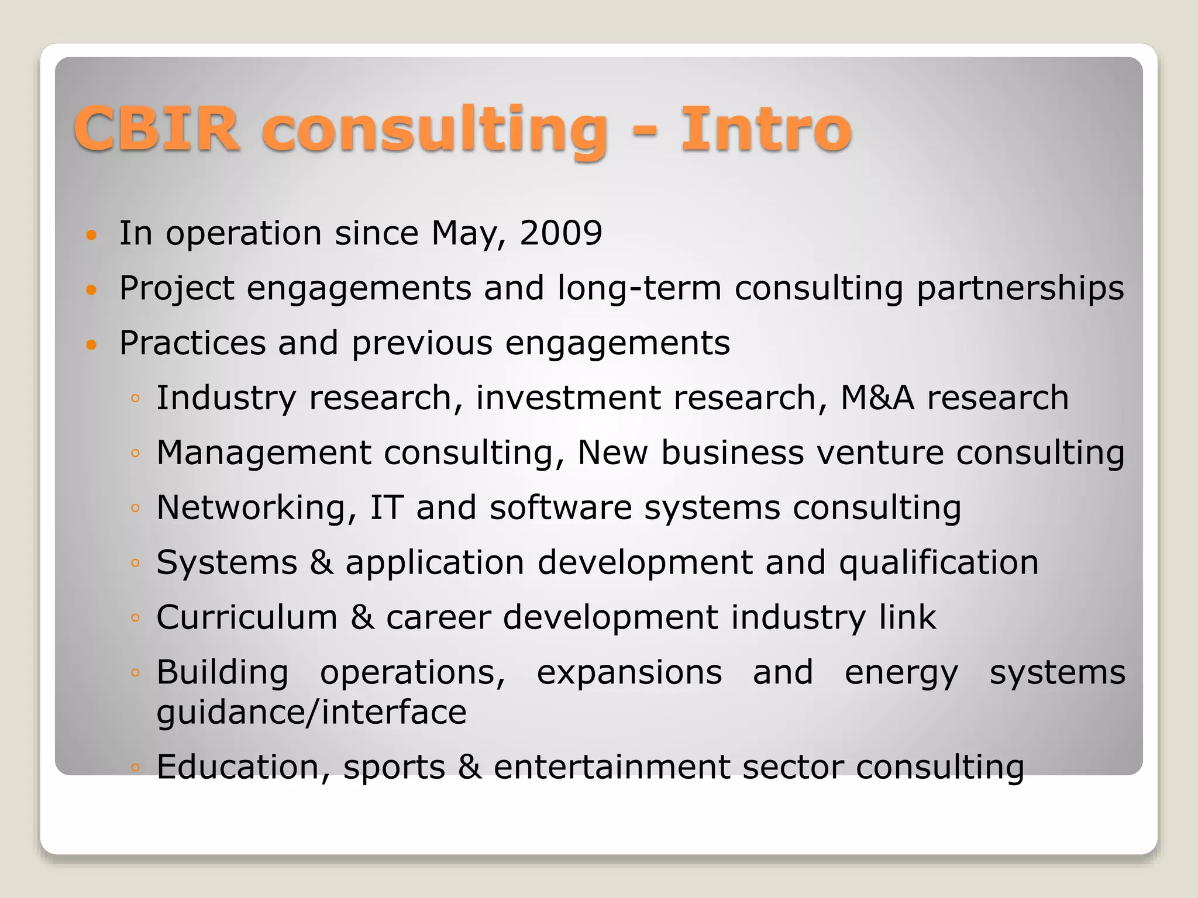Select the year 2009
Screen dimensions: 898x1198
pyautogui.click(x=560, y=233)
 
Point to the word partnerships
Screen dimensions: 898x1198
pyautogui.click(x=1020, y=289)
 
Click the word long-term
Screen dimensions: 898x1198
pyautogui.click(x=639, y=289)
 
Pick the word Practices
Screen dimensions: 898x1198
pyautogui.click(x=192, y=343)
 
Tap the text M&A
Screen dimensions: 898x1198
pyautogui.click(x=877, y=398)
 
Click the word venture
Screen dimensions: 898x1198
pyautogui.click(x=880, y=453)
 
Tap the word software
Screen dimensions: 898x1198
pyautogui.click(x=560, y=507)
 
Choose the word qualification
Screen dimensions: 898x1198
pyautogui.click(x=938, y=563)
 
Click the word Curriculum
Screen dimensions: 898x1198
pyautogui.click(x=247, y=617)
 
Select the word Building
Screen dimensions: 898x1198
pyautogui.click(x=222, y=673)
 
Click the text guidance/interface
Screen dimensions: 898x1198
pyautogui.click(x=311, y=713)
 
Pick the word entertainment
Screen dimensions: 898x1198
pyautogui.click(x=611, y=767)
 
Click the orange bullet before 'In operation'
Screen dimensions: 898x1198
pyautogui.click(x=91, y=236)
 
